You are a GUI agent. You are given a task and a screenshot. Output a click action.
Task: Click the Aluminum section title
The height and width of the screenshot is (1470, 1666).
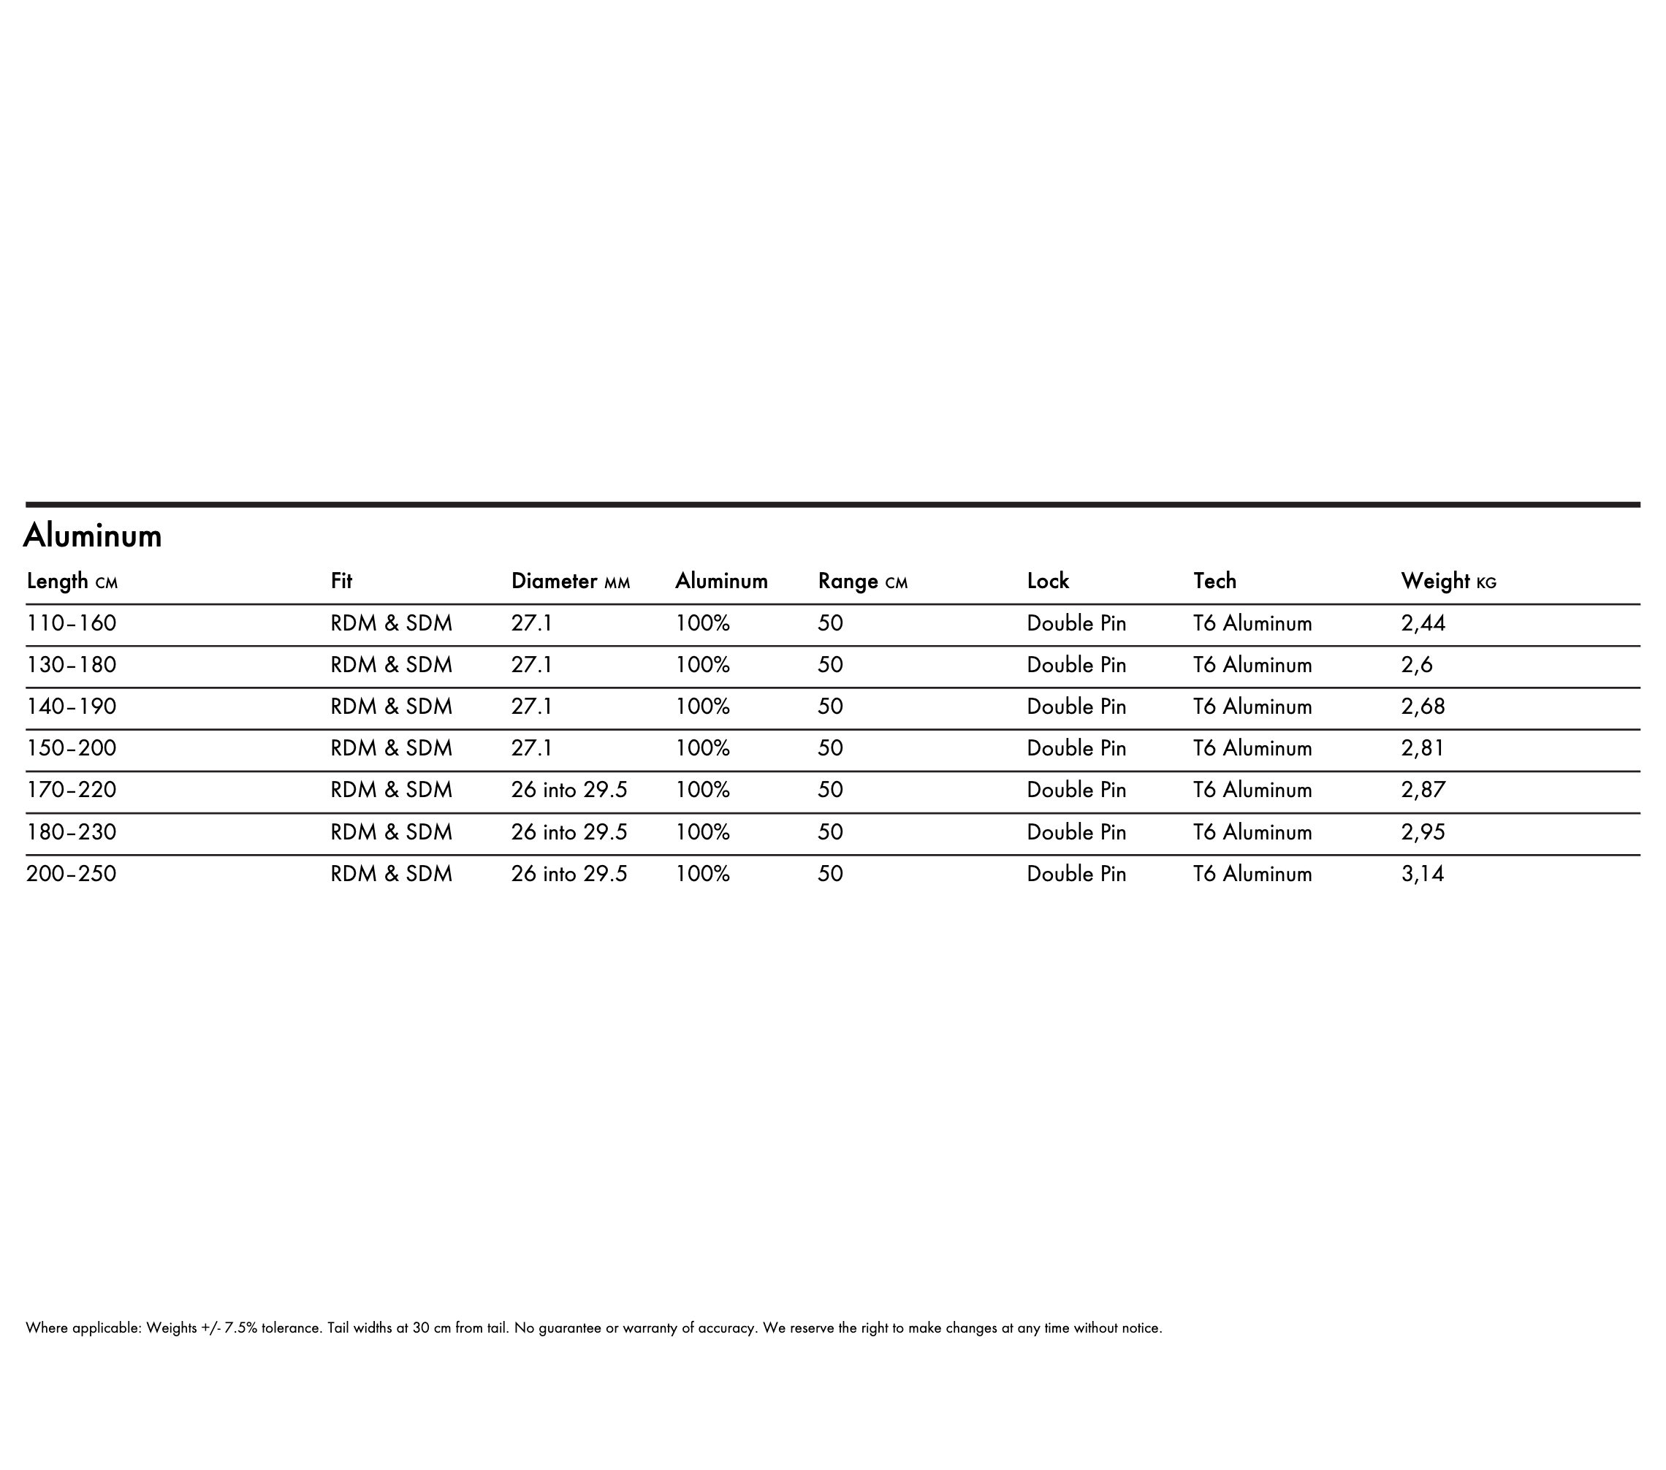pos(92,536)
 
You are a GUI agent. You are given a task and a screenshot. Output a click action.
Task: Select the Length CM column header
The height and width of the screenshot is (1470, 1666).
pos(72,581)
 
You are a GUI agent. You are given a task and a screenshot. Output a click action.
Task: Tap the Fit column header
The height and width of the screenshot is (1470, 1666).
pos(341,581)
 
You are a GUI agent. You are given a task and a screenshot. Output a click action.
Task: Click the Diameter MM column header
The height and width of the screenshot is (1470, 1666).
pos(570,581)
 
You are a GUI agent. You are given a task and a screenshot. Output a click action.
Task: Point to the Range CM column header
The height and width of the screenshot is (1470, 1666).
pos(861,581)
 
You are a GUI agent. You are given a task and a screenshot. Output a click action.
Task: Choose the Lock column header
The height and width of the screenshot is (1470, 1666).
pos(1047,581)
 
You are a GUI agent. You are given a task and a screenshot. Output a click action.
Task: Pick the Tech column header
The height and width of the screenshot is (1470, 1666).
pos(1214,581)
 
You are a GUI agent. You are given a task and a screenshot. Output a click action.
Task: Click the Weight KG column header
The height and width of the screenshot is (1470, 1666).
pos(1448,581)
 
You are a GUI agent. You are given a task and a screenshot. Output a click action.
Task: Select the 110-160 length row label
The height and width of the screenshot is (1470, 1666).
pos(72,623)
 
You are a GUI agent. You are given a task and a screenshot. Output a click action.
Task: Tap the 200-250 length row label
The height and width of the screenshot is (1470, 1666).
pos(72,875)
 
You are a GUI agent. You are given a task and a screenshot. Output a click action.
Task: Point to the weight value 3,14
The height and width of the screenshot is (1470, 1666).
pos(1422,875)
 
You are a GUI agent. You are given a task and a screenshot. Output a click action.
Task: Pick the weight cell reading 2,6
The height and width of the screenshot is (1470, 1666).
pos(1417,665)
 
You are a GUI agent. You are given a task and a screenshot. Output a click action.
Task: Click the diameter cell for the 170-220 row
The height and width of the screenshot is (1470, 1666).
pos(569,791)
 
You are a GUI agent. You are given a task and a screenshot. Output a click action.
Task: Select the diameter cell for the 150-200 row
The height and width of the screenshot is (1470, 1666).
pos(531,748)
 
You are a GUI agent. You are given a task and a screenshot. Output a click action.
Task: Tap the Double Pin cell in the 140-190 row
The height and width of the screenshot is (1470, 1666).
pos(1076,707)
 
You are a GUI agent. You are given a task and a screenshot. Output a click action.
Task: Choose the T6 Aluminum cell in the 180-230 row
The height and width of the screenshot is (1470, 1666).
pos(1252,832)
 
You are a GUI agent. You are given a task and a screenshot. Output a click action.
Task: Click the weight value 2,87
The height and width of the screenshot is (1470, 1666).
pos(1422,791)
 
